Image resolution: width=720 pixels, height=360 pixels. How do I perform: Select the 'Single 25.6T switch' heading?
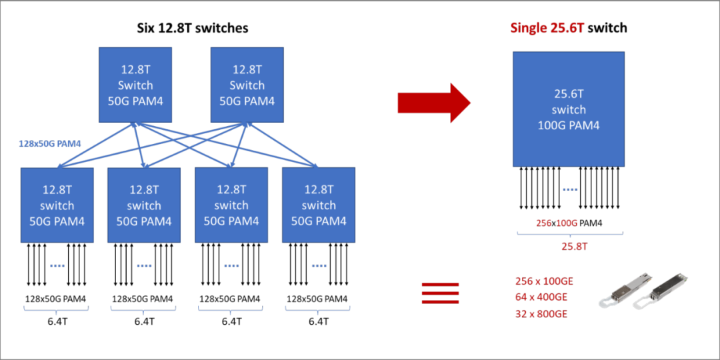point(569,28)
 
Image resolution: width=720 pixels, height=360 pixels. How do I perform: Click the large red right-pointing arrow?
point(434,103)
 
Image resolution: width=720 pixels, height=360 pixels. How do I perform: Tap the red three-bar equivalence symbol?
point(441,293)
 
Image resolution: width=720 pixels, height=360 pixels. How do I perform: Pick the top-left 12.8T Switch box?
point(135,85)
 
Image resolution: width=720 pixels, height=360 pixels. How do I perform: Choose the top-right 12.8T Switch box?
point(247,85)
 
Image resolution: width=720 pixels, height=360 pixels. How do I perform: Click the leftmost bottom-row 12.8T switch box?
point(57,205)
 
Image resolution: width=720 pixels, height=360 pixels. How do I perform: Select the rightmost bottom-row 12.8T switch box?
point(319,205)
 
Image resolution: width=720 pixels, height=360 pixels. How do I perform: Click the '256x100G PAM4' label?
point(569,223)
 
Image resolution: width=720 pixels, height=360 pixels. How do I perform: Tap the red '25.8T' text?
point(569,247)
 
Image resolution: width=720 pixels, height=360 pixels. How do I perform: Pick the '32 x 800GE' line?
point(541,313)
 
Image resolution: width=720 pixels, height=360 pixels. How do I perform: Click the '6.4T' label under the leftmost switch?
point(57,321)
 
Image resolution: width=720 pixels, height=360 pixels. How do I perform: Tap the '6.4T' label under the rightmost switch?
point(319,321)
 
